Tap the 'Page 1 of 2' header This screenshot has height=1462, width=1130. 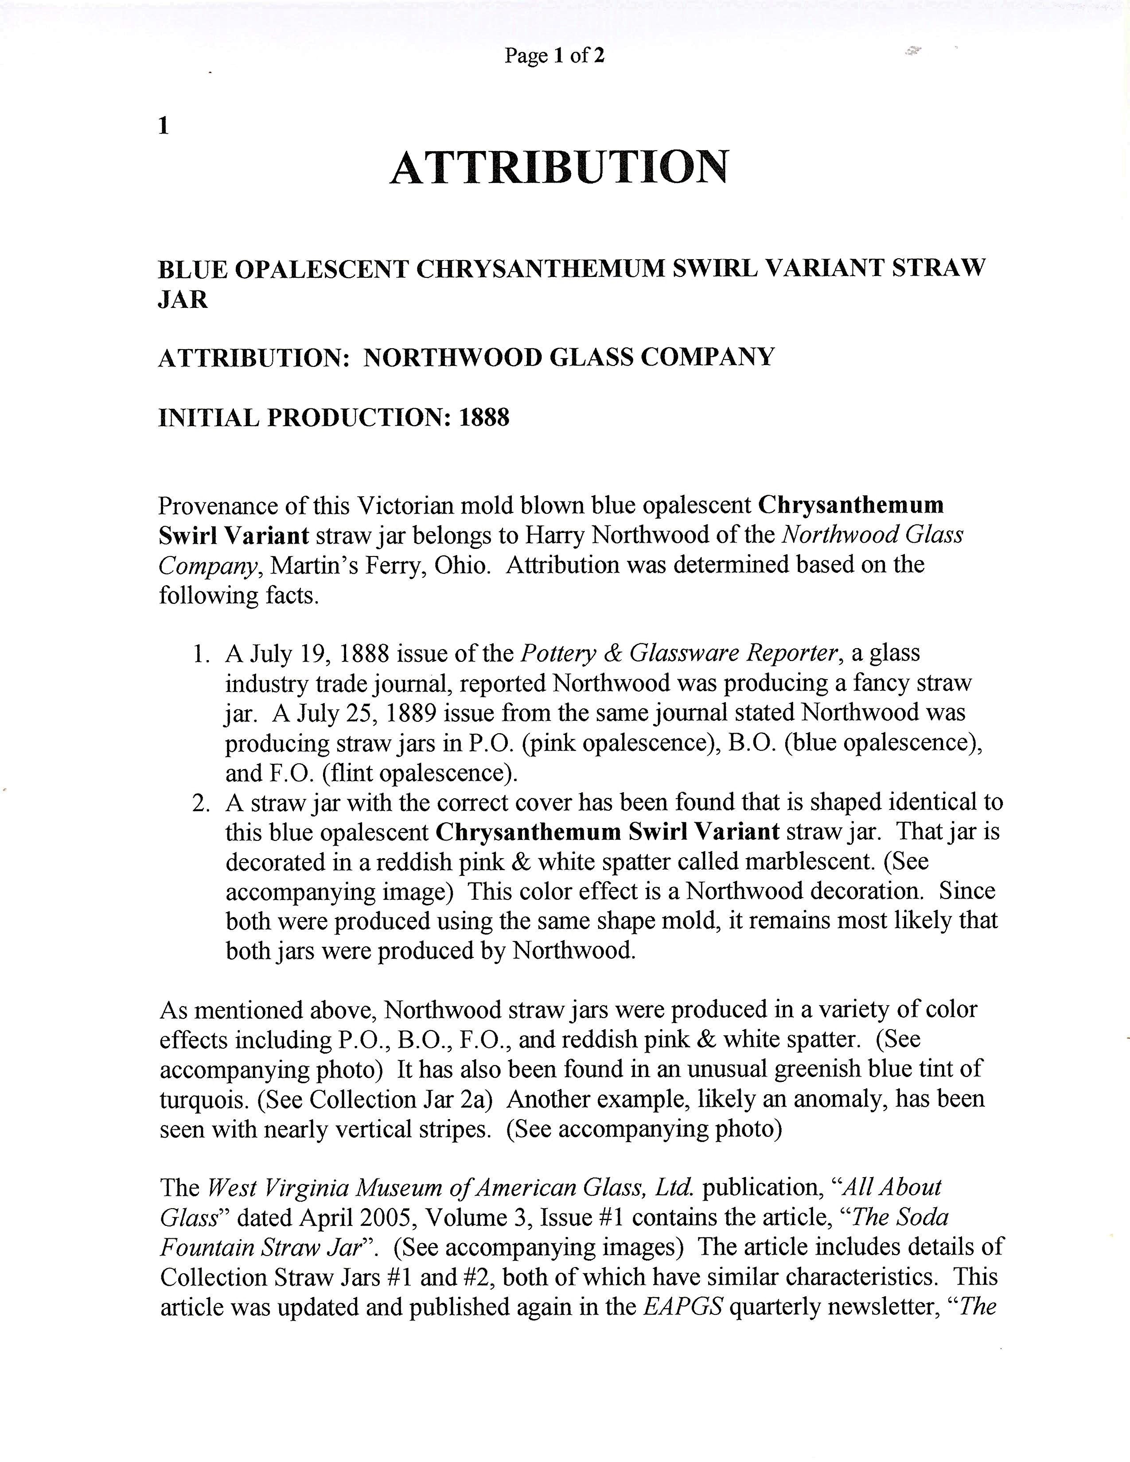554,55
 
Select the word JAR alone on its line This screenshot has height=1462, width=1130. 183,299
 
